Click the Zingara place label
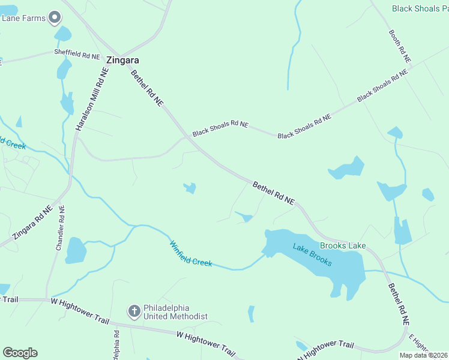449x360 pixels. [x=123, y=61]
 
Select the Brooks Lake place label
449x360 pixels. [x=343, y=245]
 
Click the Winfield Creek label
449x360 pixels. [x=191, y=254]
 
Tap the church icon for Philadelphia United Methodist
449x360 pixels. [x=134, y=310]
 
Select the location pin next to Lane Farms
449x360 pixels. [x=55, y=18]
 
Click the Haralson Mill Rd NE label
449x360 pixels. [x=92, y=99]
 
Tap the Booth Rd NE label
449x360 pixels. [x=399, y=46]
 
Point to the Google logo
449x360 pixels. [x=20, y=353]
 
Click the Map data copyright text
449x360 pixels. [x=424, y=355]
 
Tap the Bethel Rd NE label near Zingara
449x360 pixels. [x=147, y=88]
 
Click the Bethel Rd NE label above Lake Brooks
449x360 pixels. [x=274, y=193]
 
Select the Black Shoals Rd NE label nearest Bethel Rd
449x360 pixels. [x=220, y=128]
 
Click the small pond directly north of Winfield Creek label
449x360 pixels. [x=190, y=188]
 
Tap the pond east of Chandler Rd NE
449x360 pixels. [x=76, y=250]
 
